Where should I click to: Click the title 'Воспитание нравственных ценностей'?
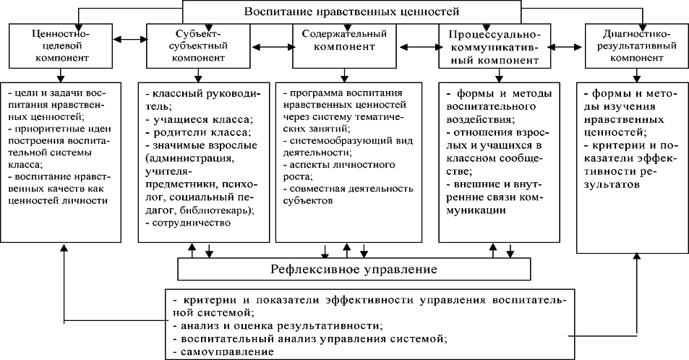click(x=352, y=12)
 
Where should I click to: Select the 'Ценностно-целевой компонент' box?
click(x=61, y=46)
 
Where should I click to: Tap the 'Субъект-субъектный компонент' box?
click(x=192, y=46)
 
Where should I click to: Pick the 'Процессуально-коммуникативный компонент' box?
click(x=494, y=48)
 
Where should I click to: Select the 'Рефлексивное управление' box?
click(x=353, y=270)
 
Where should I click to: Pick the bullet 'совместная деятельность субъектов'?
click(x=347, y=196)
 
